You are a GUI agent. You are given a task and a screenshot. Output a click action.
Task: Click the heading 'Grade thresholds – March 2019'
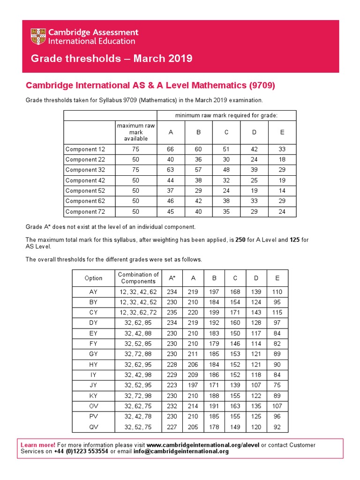pyautogui.click(x=112, y=59)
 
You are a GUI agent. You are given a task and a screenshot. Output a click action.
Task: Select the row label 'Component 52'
pyautogui.click(x=85, y=191)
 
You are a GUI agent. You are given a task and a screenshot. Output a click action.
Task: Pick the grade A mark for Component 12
pyautogui.click(x=171, y=149)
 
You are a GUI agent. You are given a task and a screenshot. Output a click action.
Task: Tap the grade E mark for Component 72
pyautogui.click(x=282, y=211)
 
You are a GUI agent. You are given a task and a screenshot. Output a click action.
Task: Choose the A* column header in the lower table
pyautogui.click(x=172, y=278)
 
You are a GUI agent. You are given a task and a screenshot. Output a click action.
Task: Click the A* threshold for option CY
pyautogui.click(x=172, y=312)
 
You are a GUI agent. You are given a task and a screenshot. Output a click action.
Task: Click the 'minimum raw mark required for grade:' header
pyautogui.click(x=226, y=115)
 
